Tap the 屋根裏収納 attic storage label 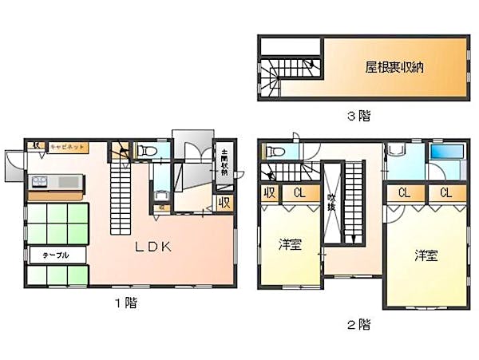tap(394, 67)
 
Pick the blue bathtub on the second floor tap(444, 152)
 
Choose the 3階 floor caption tap(358, 117)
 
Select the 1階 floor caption tap(126, 304)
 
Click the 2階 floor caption tap(358, 324)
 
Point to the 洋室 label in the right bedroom tap(425, 255)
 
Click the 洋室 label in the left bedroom tap(289, 245)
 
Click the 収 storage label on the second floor tap(268, 193)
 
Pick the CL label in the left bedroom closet tap(298, 193)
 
